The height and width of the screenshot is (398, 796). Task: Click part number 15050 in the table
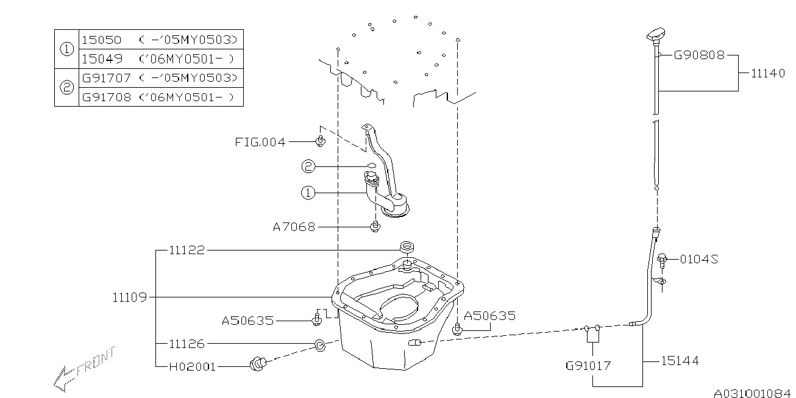[101, 40]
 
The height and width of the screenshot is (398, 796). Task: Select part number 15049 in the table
[101, 59]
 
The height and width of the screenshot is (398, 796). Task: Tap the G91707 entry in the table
[106, 78]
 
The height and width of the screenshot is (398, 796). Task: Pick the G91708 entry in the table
[106, 97]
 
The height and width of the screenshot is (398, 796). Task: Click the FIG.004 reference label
[260, 142]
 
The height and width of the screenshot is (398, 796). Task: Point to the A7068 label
[294, 227]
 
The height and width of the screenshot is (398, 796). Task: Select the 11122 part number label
[187, 250]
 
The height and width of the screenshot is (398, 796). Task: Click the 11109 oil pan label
[129, 297]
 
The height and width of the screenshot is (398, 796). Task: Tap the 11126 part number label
[187, 344]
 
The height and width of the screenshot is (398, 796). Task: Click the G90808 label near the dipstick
[698, 55]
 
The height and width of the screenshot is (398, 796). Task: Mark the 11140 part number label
[767, 73]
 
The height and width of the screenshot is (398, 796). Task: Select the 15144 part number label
[680, 361]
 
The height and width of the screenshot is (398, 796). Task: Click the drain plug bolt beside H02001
[257, 364]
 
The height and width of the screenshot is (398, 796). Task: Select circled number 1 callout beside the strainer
[308, 193]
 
